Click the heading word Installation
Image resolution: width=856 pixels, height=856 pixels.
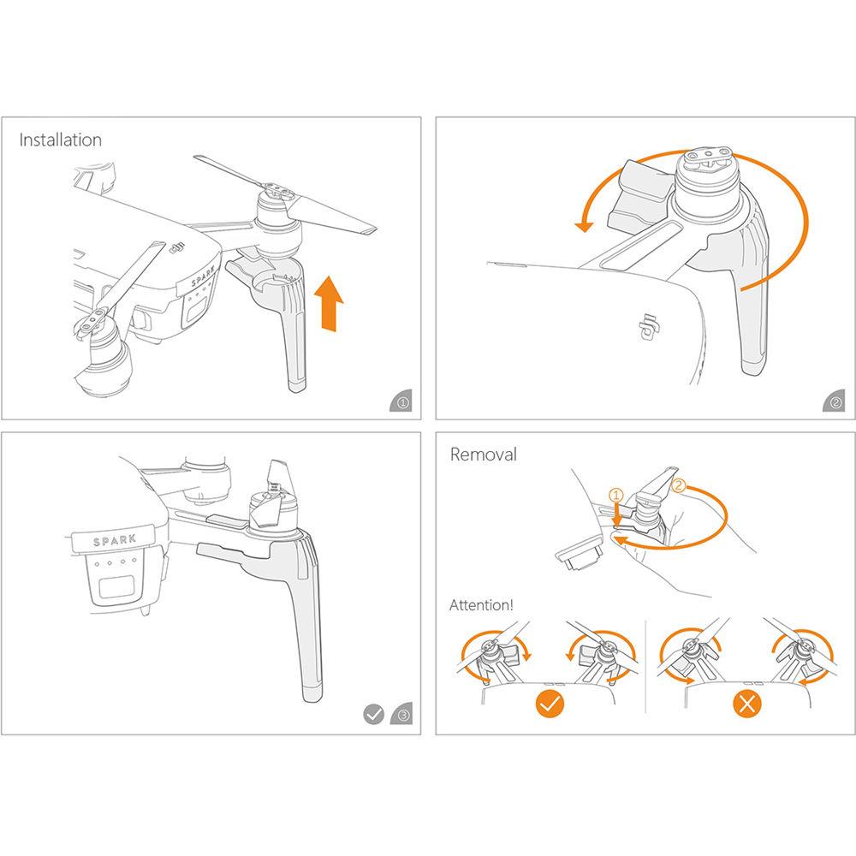(61, 140)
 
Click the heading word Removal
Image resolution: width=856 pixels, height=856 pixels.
(484, 455)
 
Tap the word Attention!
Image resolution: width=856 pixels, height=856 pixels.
(481, 605)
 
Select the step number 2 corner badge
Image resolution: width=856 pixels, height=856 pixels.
(835, 401)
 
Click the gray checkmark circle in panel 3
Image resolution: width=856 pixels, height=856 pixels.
(373, 713)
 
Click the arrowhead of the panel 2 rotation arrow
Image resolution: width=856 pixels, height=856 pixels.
(584, 225)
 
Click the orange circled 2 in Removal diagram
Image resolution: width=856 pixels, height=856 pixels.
(679, 485)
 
